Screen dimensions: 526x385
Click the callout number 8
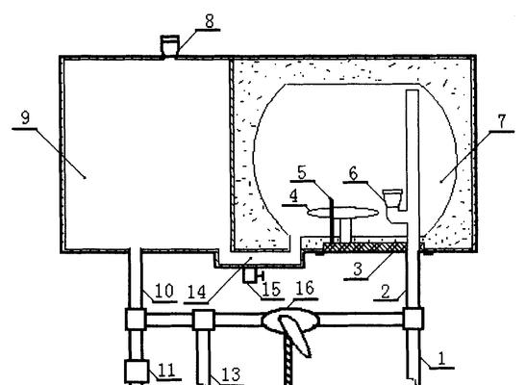(210, 21)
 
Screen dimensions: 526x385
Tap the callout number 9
(25, 118)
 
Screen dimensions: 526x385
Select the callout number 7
(502, 121)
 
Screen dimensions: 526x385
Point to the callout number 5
(294, 196)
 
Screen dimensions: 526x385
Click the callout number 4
(302, 172)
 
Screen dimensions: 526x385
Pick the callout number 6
(353, 174)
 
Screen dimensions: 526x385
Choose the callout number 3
(358, 269)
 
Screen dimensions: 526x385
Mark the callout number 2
(386, 292)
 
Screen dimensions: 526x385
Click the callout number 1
(442, 358)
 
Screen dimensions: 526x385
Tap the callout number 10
(164, 291)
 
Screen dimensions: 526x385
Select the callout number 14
(196, 293)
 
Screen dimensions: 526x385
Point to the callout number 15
(272, 290)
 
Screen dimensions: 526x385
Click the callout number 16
(305, 289)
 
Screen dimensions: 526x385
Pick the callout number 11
(166, 371)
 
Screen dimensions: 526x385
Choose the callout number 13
(231, 374)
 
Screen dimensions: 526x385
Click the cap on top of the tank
(170, 45)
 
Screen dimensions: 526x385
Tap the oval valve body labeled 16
(290, 320)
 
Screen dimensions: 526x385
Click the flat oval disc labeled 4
(342, 213)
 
